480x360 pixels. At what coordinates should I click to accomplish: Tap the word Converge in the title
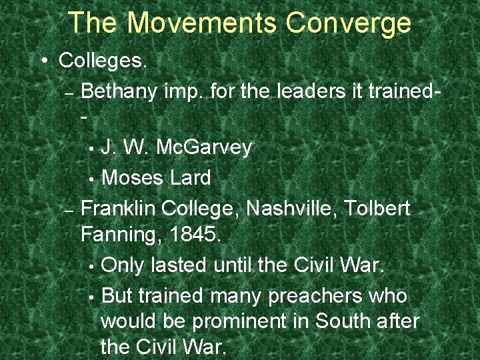tap(349, 23)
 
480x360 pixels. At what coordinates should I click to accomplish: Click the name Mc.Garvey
tap(204, 147)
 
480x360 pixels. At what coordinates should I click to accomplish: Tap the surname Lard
tap(190, 177)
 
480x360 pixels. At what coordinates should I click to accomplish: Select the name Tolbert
tap(378, 207)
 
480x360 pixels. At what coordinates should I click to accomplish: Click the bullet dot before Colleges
tap(43, 61)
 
